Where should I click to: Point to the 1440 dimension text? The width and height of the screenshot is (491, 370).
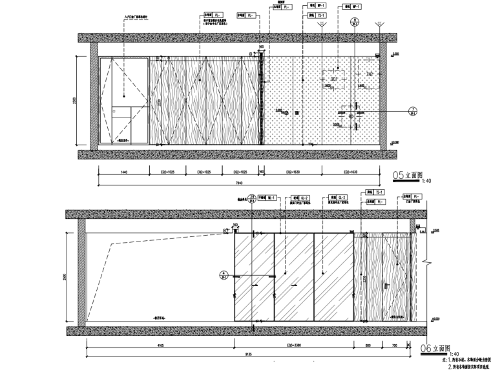123,173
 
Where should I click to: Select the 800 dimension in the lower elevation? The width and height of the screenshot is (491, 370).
367,345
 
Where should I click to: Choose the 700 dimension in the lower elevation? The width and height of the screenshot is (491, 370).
394,345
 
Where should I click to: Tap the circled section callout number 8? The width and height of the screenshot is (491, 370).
354,21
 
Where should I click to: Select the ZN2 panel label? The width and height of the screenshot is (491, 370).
370,75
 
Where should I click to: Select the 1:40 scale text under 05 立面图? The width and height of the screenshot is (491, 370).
426,181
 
